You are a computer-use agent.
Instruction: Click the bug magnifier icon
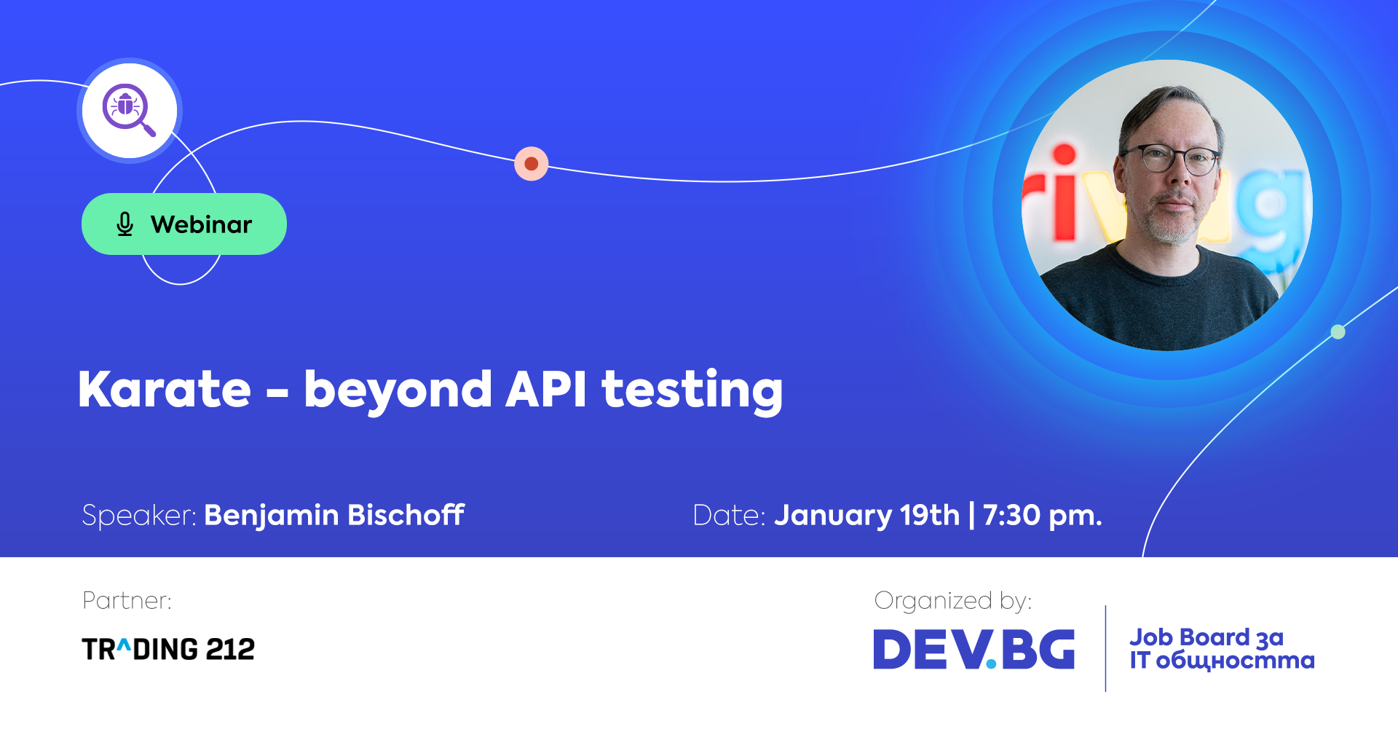[129, 110]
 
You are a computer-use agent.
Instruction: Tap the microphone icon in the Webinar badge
[125, 224]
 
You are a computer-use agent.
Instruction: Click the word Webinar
[201, 224]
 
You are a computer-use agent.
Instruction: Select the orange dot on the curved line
[532, 164]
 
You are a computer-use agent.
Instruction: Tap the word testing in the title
[692, 392]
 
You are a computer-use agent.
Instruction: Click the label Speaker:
[139, 516]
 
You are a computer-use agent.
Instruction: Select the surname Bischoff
[406, 515]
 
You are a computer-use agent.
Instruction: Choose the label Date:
[729, 516]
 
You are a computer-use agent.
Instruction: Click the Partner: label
[127, 600]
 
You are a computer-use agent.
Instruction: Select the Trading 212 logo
[168, 649]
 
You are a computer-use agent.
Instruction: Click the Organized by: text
[953, 601]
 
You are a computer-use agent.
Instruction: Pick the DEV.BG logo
[974, 649]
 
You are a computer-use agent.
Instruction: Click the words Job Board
[1190, 637]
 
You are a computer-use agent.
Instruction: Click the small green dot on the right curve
[1338, 332]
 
